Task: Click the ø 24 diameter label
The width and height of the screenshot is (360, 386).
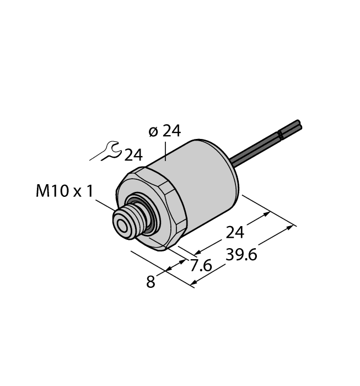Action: [x=164, y=131]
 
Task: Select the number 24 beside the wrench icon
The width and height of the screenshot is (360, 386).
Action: [x=133, y=155]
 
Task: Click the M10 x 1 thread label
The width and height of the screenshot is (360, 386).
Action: [x=65, y=191]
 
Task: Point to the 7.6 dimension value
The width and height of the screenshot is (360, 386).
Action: [x=201, y=266]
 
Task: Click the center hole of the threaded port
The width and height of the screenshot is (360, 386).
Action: [x=121, y=223]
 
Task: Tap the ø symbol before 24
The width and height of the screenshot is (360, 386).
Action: [x=154, y=131]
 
